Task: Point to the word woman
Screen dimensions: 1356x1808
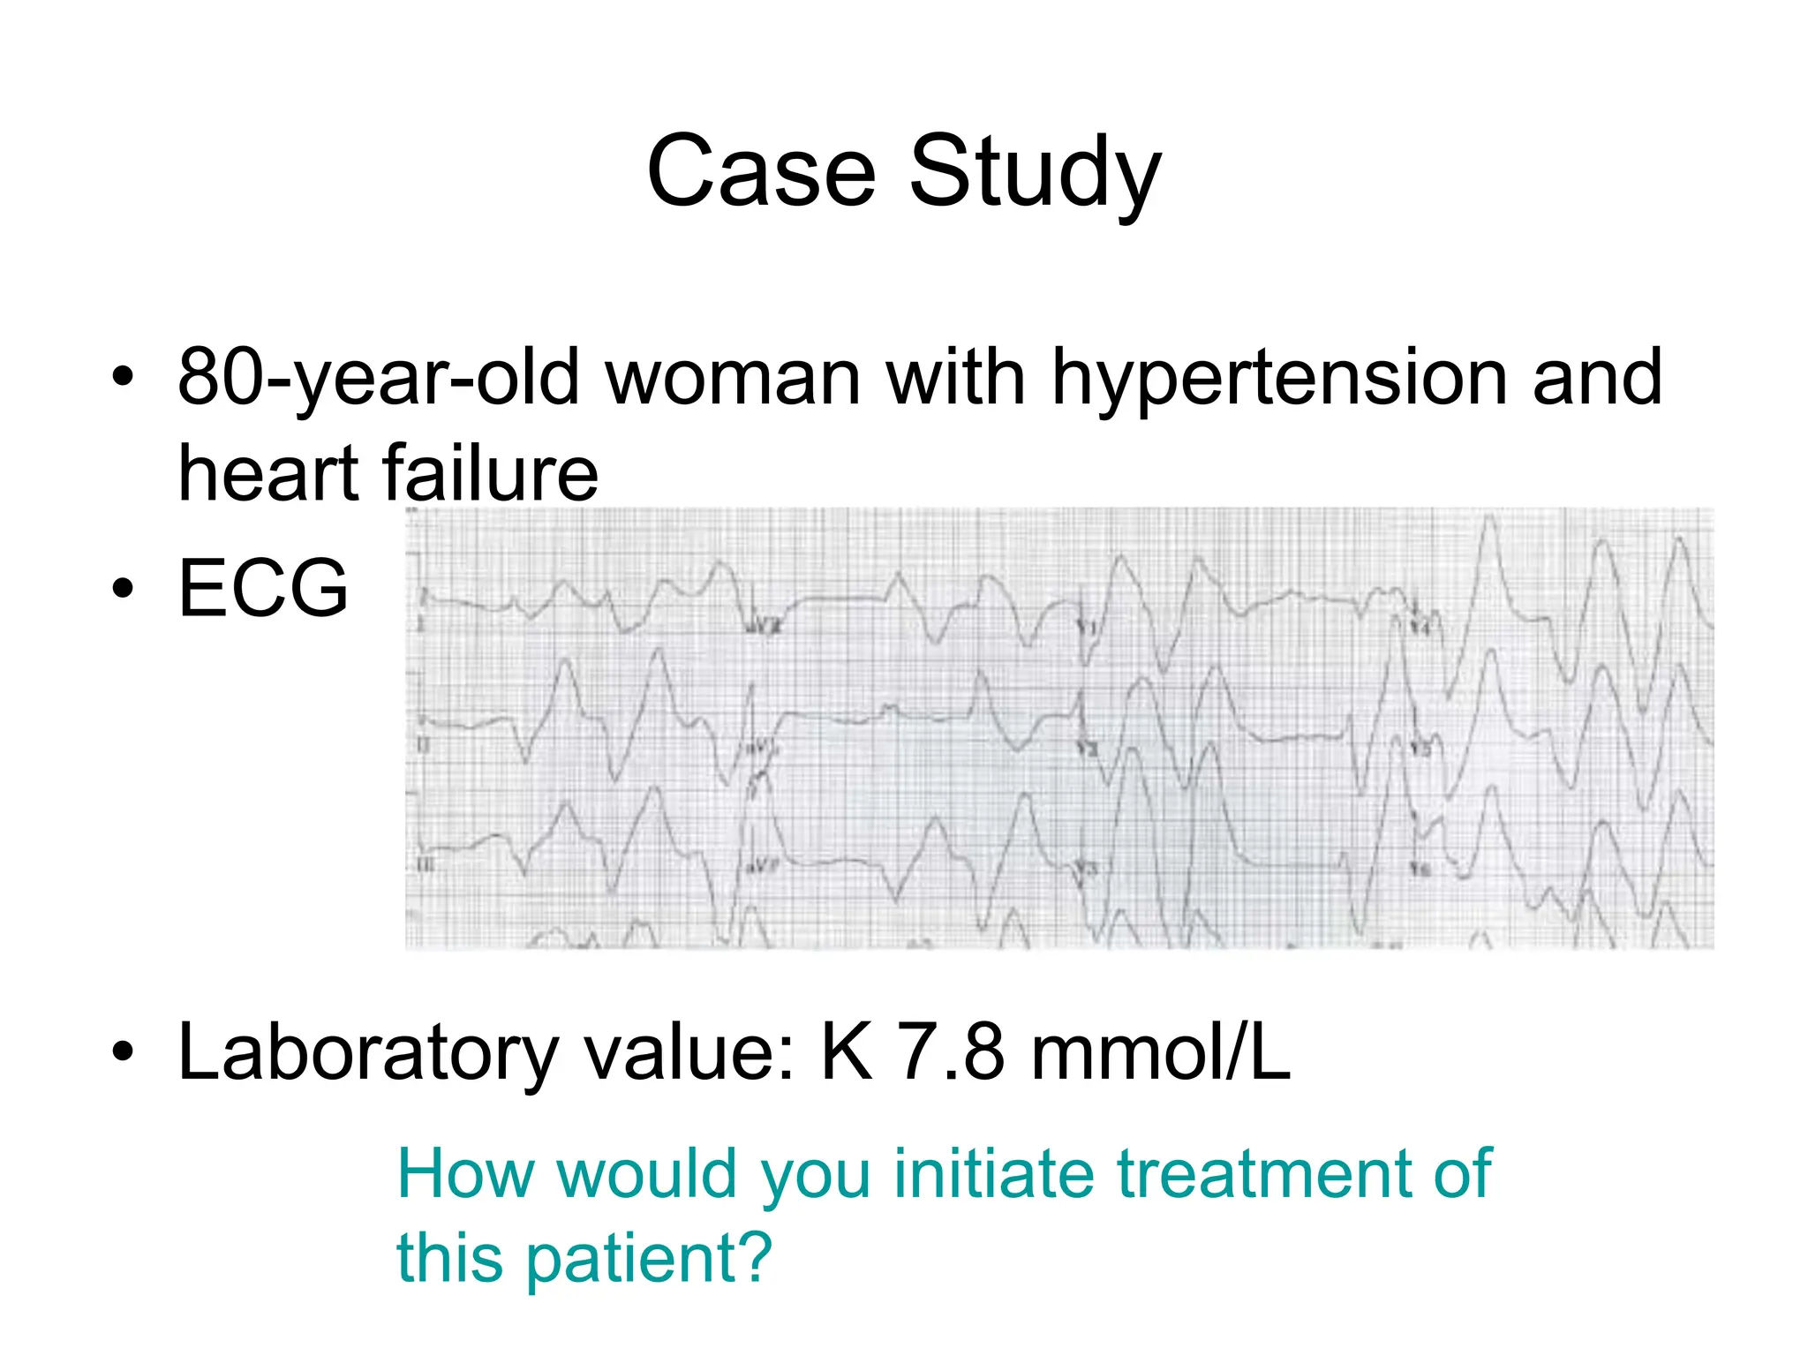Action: [733, 379]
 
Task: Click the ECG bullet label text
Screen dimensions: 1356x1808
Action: [263, 588]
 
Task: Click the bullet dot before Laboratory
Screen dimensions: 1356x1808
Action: [123, 1051]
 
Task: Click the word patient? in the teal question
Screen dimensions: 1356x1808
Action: [649, 1258]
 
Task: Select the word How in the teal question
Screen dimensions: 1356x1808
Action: [465, 1174]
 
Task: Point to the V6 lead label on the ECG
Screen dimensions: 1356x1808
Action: [1420, 870]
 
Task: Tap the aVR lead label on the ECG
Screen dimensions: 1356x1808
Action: [765, 628]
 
